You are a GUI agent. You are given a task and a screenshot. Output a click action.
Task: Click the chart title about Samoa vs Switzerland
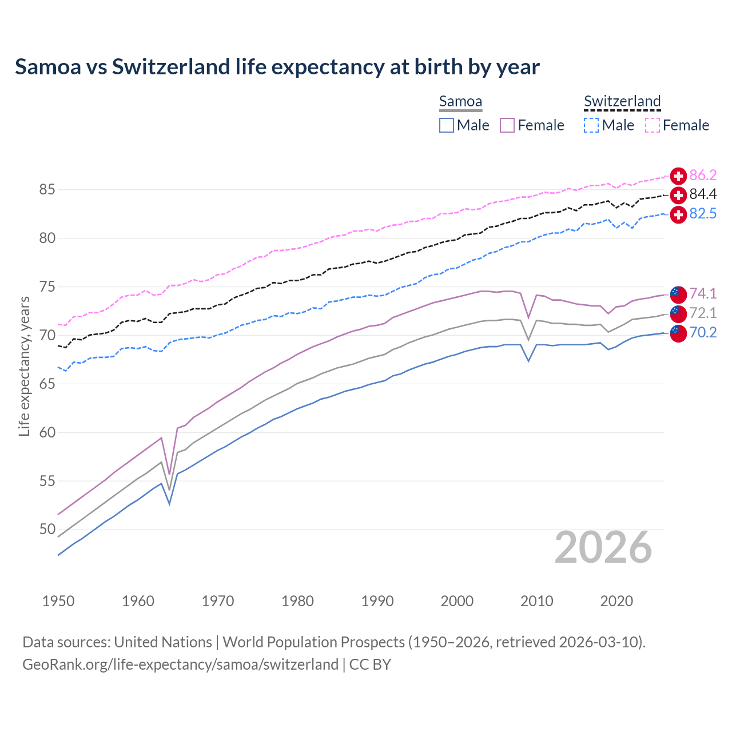pos(277,67)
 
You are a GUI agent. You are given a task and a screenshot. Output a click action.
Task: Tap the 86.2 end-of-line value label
pos(703,175)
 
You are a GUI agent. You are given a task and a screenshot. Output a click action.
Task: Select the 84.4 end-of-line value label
pos(703,194)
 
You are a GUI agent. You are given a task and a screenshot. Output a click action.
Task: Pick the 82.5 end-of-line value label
pos(703,214)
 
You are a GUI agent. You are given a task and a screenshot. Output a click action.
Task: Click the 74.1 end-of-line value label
pos(703,293)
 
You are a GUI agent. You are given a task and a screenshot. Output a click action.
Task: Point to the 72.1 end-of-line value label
pos(703,313)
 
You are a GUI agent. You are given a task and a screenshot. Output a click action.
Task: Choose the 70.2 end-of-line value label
pos(703,332)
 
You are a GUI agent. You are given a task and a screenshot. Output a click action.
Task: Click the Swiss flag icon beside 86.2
pos(678,176)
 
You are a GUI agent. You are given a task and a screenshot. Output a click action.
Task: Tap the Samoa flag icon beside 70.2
pos(678,333)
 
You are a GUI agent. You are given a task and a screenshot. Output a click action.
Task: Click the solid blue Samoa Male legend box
pos(447,125)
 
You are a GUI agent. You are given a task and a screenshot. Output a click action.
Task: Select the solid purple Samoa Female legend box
pos(507,125)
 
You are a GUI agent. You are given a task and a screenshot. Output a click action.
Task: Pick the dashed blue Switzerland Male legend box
pos(591,125)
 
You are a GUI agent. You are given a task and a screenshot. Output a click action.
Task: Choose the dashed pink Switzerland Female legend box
pos(653,125)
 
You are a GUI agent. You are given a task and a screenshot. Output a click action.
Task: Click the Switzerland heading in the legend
pos(622,101)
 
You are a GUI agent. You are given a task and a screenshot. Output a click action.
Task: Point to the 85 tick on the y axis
pos(47,189)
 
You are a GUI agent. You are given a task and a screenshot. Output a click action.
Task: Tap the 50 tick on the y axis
pos(47,530)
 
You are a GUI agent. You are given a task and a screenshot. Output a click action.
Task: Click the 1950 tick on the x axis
pos(58,601)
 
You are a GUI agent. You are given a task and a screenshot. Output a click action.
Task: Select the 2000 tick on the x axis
pos(457,601)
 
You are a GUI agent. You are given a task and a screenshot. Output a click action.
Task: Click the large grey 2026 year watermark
pos(603,547)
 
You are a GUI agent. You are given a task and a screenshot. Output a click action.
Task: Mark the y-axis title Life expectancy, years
pos(24,367)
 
